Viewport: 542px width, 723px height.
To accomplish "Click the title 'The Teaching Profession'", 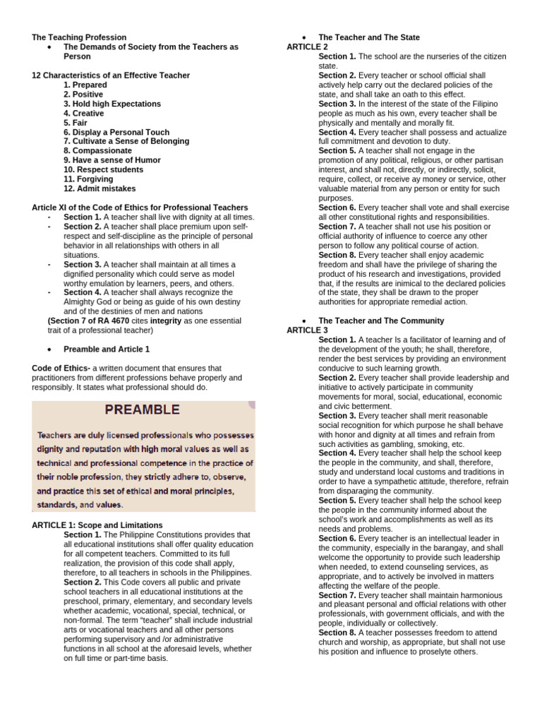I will click(79, 37).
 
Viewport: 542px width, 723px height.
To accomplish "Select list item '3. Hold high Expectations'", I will click(112, 104).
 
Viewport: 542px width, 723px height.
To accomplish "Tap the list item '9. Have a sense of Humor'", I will click(112, 160).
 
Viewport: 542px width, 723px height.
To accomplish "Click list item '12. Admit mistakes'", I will click(100, 189).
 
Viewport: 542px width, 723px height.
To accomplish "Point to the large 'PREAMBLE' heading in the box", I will click(143, 410).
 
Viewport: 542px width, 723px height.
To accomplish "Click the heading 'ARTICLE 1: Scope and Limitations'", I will click(97, 525).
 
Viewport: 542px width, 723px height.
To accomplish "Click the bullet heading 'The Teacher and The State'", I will click(368, 37).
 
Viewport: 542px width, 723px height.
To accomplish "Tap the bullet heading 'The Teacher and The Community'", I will click(381, 321).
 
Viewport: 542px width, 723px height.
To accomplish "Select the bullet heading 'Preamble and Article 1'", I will click(107, 349).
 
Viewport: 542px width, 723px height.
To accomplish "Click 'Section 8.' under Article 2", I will click(337, 255).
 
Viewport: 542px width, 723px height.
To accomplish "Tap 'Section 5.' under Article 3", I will click(337, 500).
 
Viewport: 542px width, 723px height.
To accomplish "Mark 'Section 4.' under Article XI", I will click(83, 292).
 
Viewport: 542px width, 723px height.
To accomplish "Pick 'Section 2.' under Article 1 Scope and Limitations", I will click(83, 582).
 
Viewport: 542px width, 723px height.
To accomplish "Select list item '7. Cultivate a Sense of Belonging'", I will click(126, 141).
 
